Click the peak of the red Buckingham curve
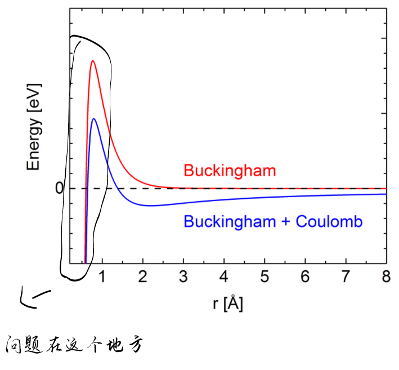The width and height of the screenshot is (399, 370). [92, 61]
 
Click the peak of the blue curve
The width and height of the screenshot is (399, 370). [94, 118]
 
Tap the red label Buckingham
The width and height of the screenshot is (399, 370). [230, 170]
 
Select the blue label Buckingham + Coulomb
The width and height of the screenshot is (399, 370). [273, 221]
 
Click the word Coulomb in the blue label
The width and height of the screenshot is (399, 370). [335, 221]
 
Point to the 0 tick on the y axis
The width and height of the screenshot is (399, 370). [59, 188]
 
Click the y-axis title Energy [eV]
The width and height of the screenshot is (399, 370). [34, 132]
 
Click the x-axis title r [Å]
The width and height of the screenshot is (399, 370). [228, 304]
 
